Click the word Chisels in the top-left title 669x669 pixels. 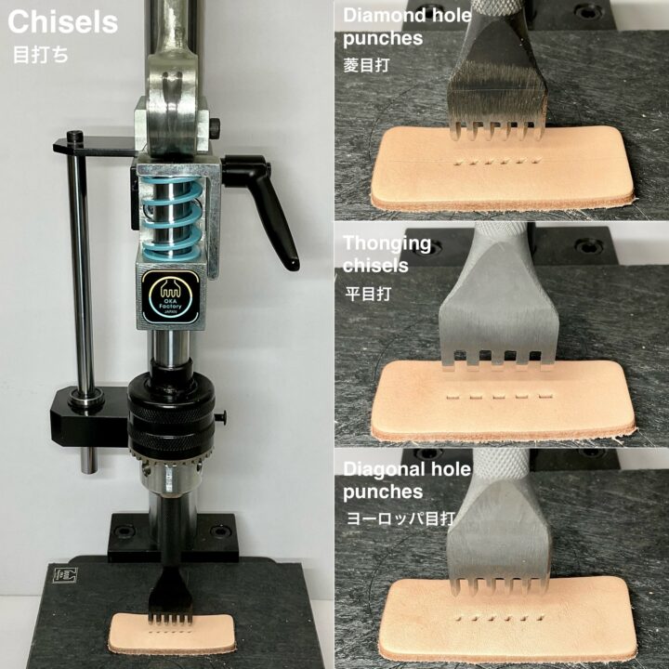[63, 21]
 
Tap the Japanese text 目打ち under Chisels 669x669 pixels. [41, 56]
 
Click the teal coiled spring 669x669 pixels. [172, 217]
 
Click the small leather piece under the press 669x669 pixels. [172, 634]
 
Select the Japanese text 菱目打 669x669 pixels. [366, 65]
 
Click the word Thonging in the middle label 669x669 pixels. [387, 244]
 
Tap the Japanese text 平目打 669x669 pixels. [368, 294]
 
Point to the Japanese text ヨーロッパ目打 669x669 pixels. [400, 518]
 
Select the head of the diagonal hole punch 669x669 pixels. [498, 533]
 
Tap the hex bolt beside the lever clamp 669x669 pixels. [215, 127]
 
